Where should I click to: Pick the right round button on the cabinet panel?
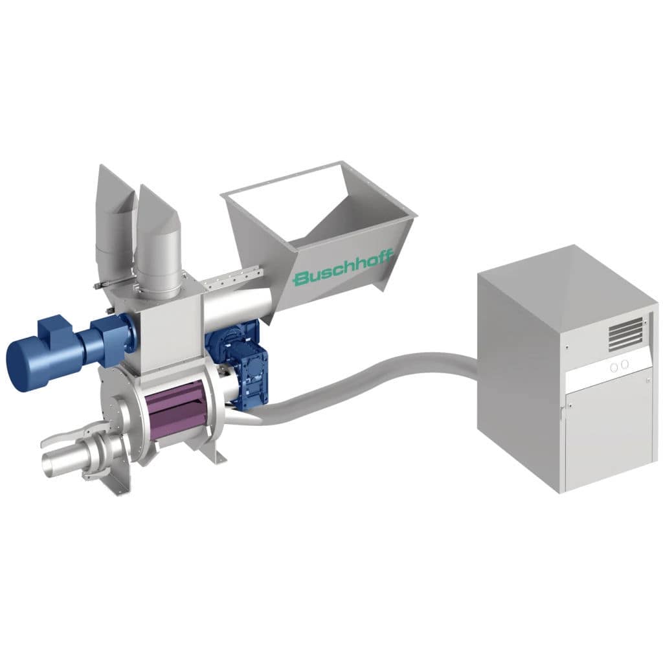click(x=625, y=365)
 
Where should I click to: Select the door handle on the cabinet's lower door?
click(x=561, y=410)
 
